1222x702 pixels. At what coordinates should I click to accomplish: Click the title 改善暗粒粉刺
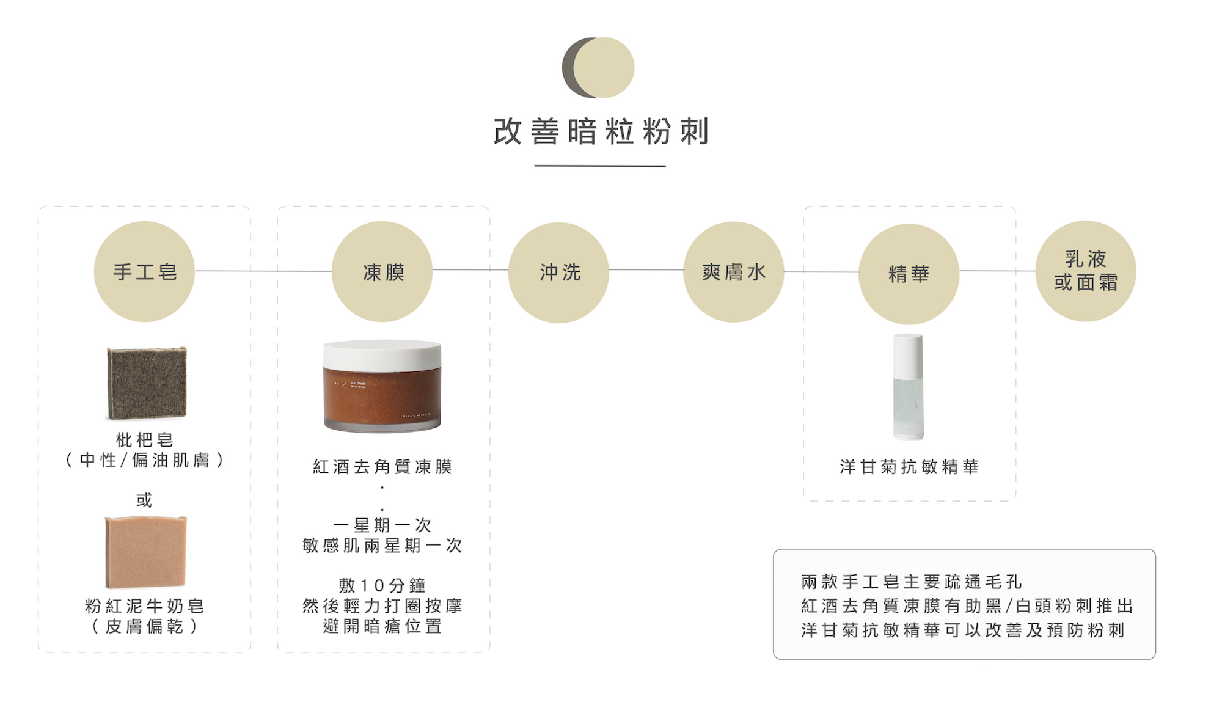(601, 131)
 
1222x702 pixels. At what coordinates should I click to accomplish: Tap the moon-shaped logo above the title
(598, 67)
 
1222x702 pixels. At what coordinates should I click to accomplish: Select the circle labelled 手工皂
(144, 271)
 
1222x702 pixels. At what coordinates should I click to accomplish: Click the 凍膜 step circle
(382, 272)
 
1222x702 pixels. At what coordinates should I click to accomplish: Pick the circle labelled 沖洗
(558, 272)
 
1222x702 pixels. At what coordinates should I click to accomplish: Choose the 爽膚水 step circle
(733, 272)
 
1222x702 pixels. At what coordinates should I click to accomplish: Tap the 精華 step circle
(909, 274)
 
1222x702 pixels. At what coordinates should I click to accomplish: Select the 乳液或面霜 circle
(1086, 271)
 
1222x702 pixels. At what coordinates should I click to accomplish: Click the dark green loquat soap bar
(147, 382)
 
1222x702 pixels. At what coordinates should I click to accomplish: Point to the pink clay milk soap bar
(145, 552)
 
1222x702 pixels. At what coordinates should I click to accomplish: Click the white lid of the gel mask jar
(382, 354)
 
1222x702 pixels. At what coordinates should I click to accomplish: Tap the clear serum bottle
(909, 387)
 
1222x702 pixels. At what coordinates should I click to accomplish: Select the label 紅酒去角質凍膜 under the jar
(382, 467)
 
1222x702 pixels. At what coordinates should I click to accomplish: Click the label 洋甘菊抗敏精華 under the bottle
(909, 467)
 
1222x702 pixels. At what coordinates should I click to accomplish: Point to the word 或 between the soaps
(144, 500)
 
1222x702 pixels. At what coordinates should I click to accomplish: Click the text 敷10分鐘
(382, 585)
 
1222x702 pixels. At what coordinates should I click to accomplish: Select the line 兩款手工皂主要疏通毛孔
(911, 582)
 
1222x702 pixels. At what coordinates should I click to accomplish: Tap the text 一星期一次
(382, 525)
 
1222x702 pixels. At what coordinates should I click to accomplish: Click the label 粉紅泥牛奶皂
(144, 605)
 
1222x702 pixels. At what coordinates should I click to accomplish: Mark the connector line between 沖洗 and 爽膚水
(646, 269)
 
